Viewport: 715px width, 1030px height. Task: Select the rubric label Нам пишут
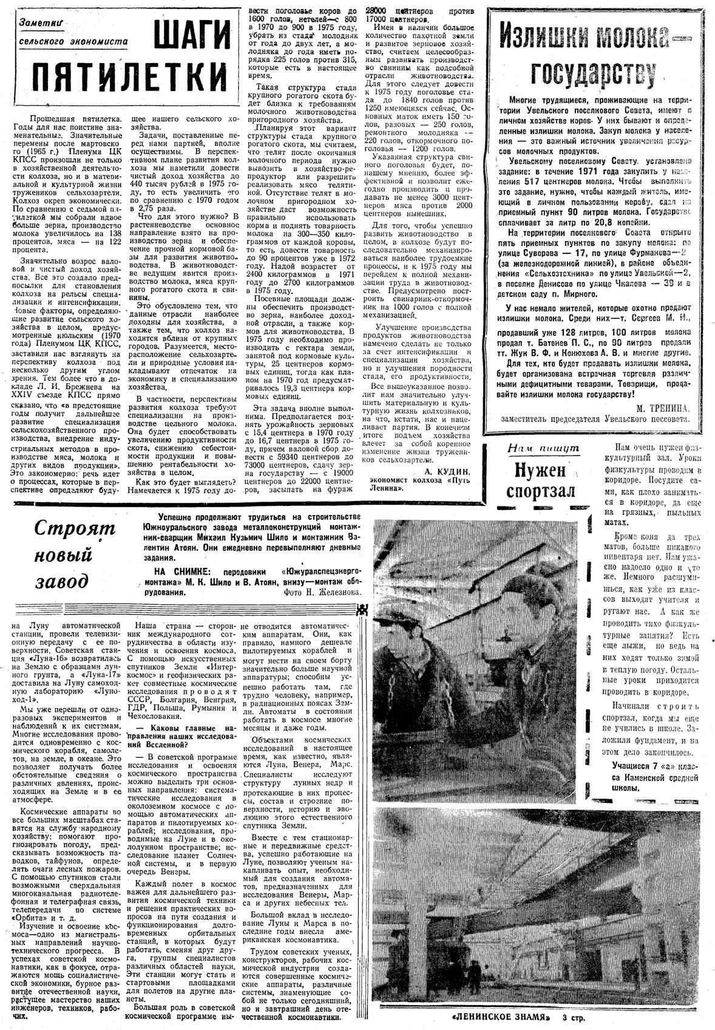pos(543,448)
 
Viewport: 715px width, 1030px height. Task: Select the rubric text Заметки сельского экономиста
pos(73,32)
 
